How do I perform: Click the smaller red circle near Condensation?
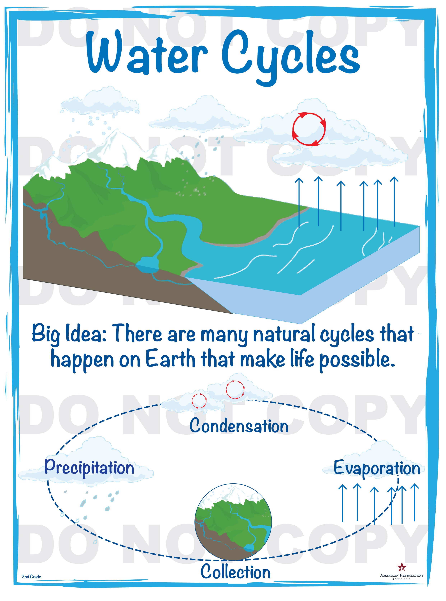(x=199, y=401)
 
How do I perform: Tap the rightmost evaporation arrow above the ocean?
(x=394, y=201)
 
